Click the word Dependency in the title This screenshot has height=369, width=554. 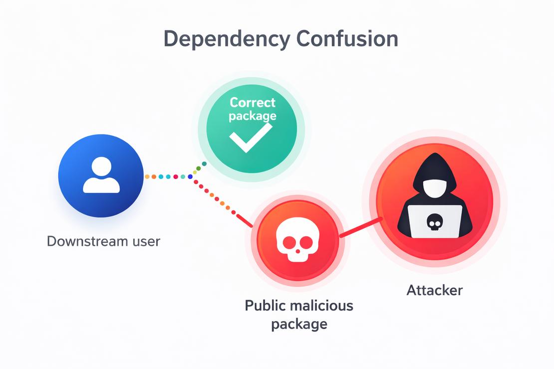coord(227,39)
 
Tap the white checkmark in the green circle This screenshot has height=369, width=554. coord(251,137)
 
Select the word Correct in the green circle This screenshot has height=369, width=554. coord(252,102)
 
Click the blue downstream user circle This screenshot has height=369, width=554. coord(101,176)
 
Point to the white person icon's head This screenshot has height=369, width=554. coord(101,167)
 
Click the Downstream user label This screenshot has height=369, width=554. coord(103,241)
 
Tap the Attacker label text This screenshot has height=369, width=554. coord(435,290)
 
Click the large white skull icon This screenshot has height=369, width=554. coord(297,242)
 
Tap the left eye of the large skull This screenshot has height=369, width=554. coord(288,242)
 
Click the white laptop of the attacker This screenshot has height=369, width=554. coord(435,221)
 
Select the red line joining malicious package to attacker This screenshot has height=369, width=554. coord(361,227)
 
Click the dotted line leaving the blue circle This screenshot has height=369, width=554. coord(168,177)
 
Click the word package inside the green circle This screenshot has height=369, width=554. coord(252,116)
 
